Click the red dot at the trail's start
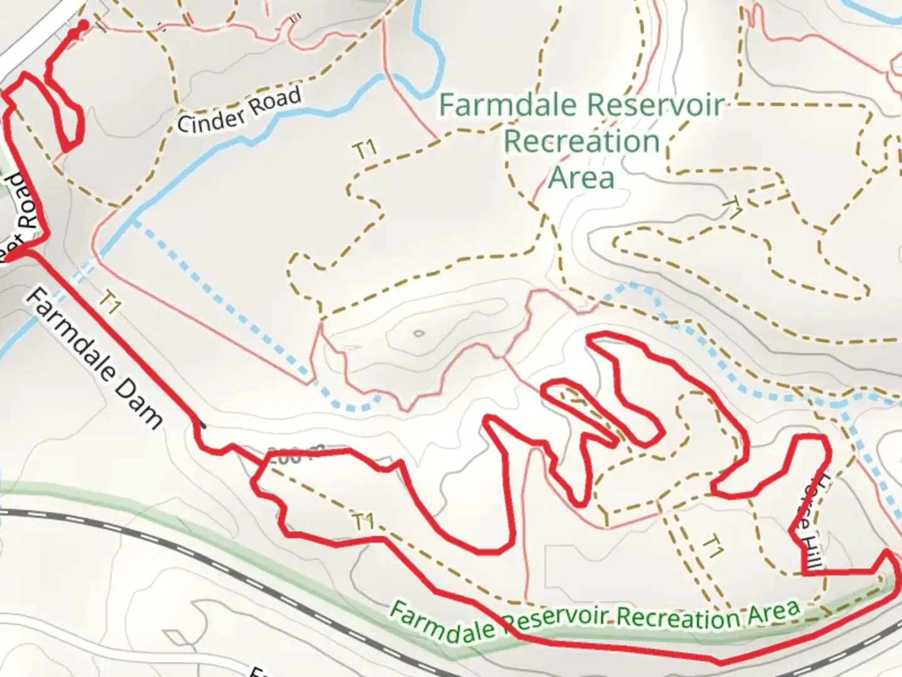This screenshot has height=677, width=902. click(x=83, y=25)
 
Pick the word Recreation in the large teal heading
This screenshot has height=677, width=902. click(x=582, y=142)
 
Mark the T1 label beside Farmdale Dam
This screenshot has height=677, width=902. click(x=109, y=304)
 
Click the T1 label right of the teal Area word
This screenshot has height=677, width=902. click(x=733, y=207)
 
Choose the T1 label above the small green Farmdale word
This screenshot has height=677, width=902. click(x=363, y=522)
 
